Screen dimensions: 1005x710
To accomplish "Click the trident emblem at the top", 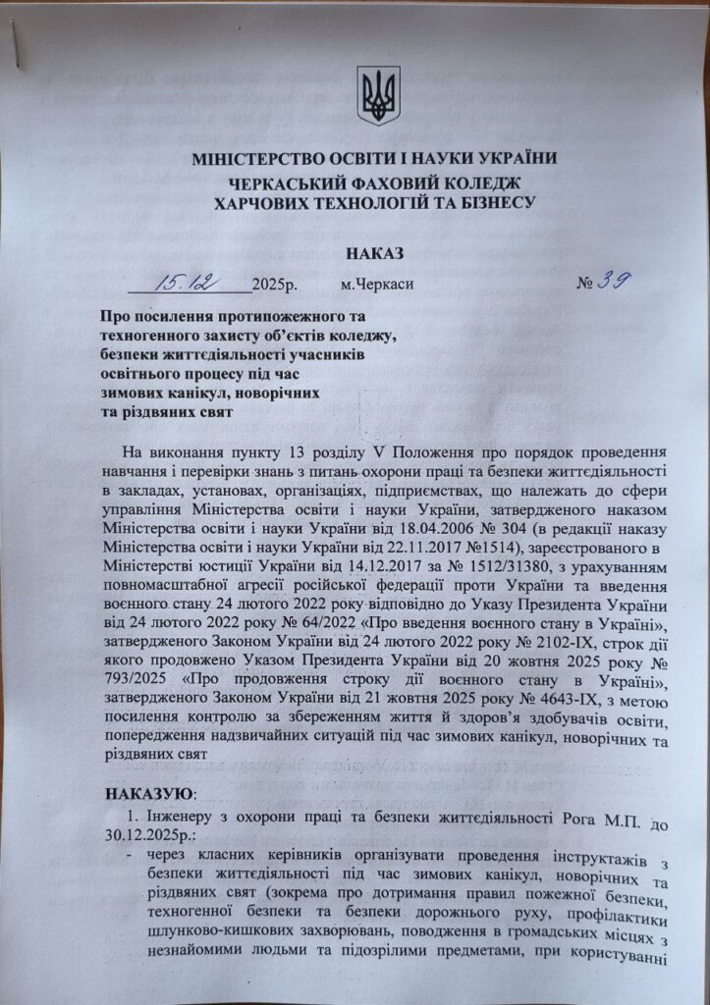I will tap(378, 95).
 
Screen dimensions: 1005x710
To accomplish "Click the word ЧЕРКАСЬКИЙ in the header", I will tap(306, 183).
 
